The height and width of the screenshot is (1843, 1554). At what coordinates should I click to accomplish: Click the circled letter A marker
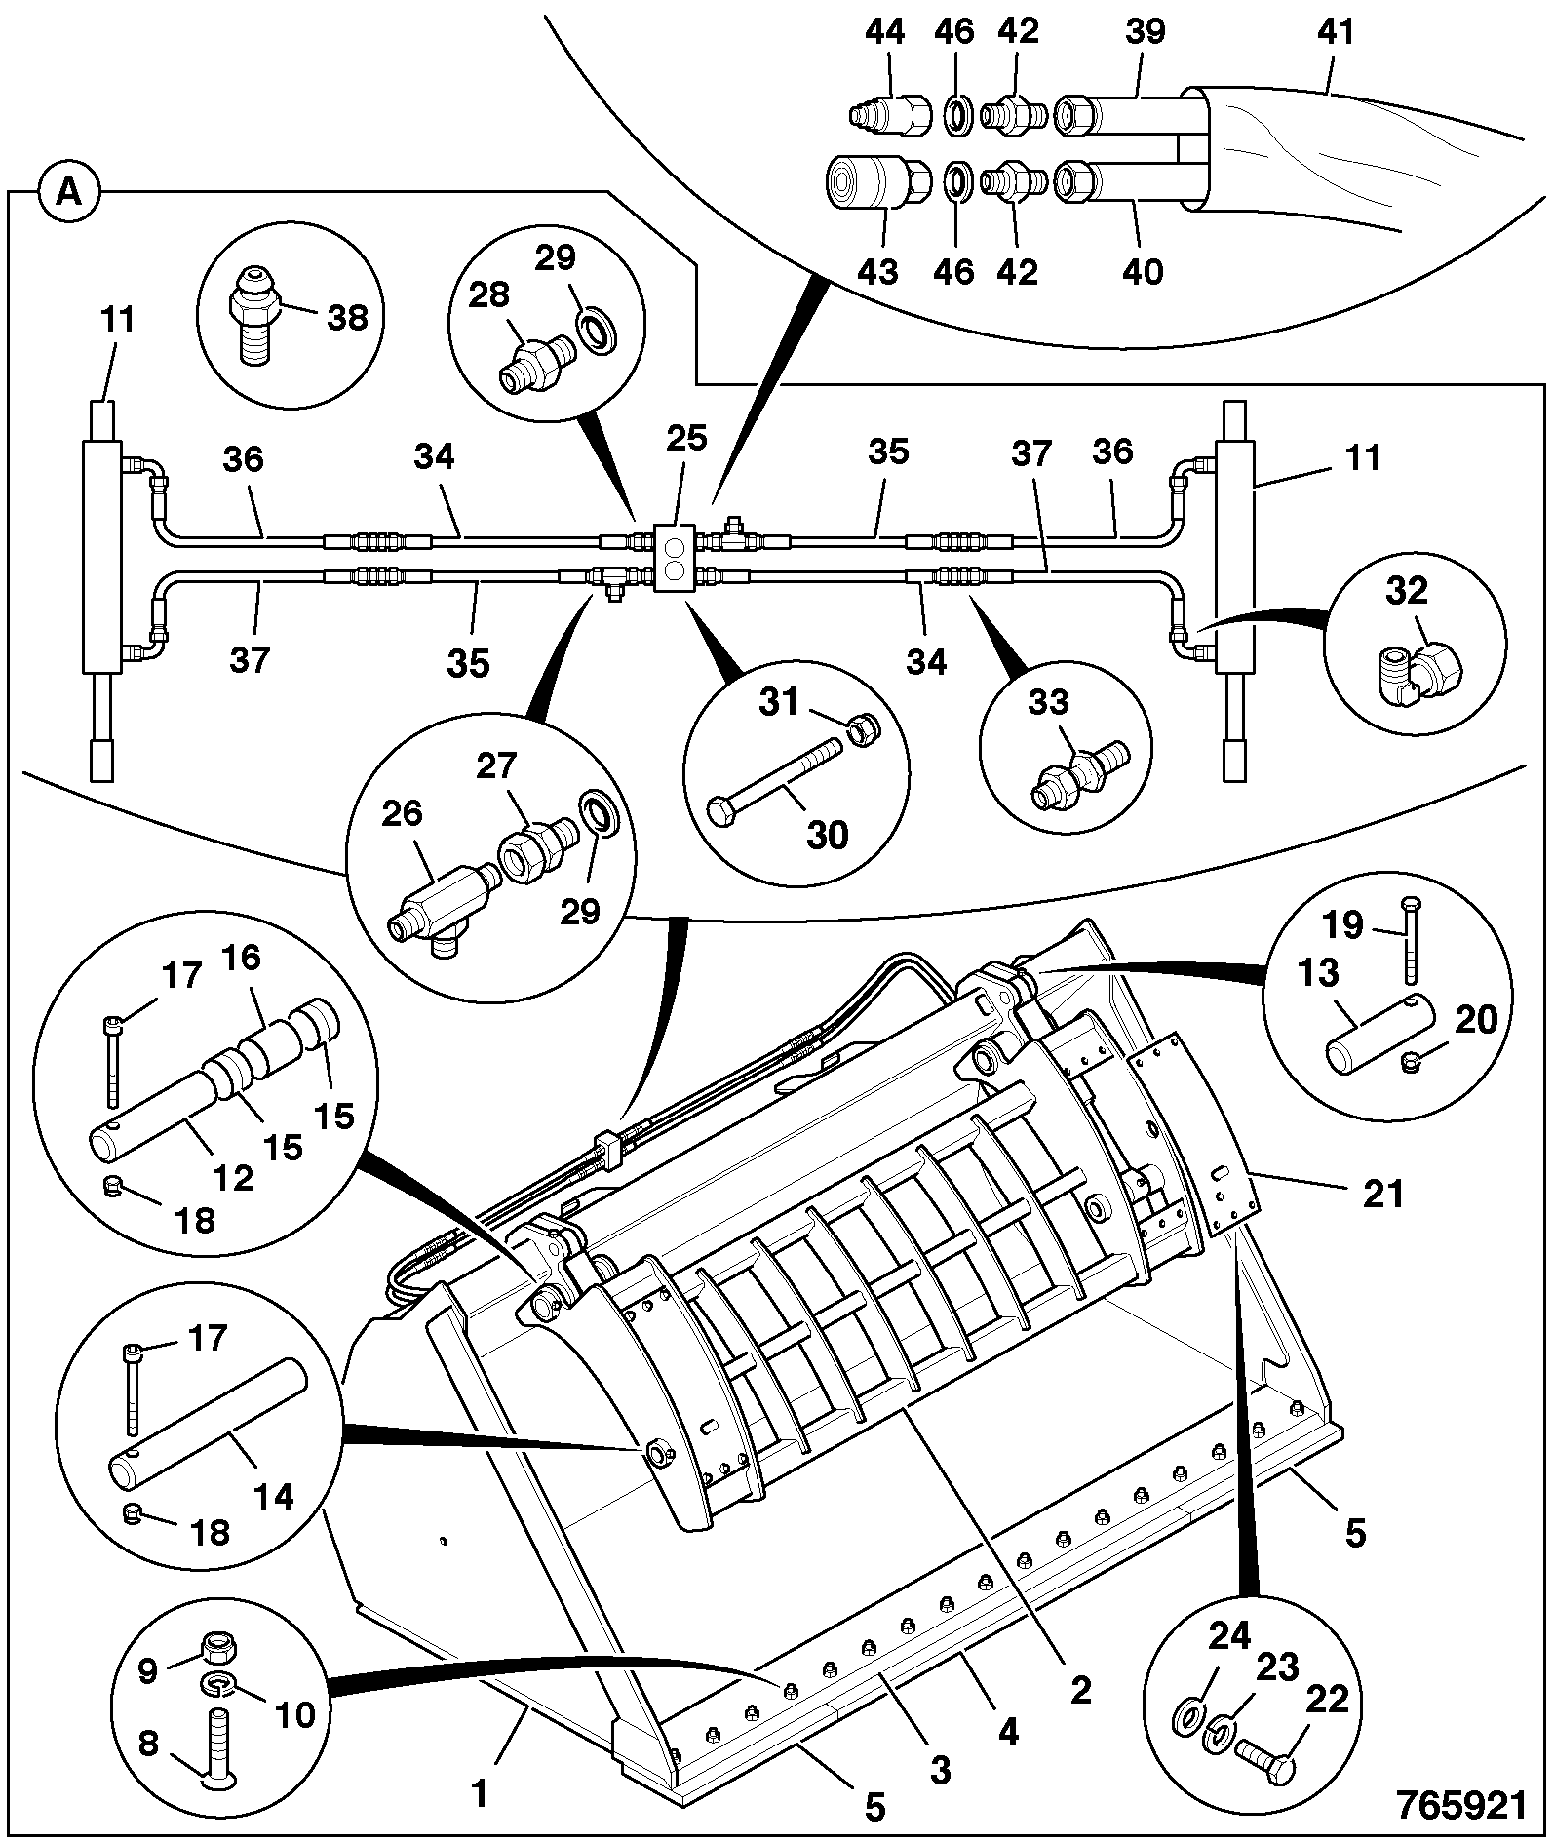(69, 192)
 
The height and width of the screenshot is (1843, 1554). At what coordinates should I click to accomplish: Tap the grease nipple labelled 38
(254, 316)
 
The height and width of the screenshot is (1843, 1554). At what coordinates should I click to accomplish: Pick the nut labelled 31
(861, 729)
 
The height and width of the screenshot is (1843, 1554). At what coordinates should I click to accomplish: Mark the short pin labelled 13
(1379, 1034)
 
